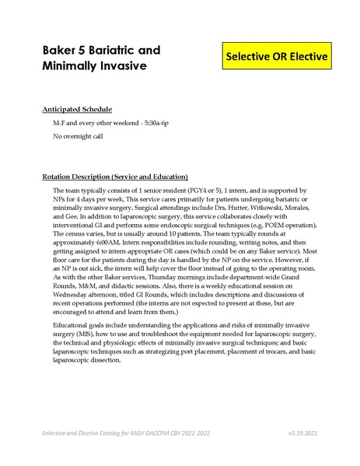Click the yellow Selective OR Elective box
[277, 58]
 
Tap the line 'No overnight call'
[79, 137]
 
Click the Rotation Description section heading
[115, 176]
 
